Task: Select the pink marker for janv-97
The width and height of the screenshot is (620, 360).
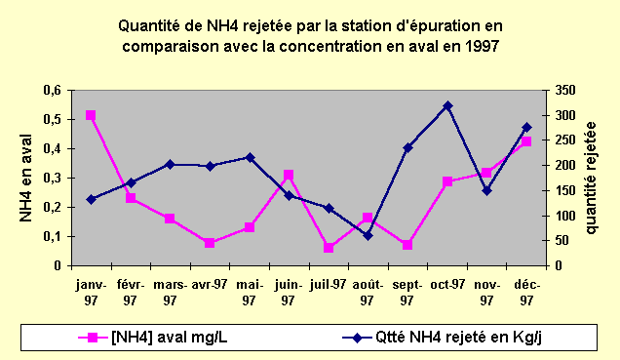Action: point(91,115)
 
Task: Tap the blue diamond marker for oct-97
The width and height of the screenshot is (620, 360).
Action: point(447,105)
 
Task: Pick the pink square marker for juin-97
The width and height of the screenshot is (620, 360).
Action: point(289,176)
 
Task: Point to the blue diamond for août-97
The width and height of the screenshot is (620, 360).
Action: point(368,235)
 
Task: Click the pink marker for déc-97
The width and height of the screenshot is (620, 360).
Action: point(526,141)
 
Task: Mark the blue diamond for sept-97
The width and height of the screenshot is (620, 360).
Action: point(407,147)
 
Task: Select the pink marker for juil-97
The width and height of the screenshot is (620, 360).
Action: point(329,248)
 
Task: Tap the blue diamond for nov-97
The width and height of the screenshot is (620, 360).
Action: point(486,190)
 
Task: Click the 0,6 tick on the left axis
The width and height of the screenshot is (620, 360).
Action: point(51,91)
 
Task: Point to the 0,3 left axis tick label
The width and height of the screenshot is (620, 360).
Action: point(51,179)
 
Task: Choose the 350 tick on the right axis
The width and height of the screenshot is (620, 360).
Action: point(565,91)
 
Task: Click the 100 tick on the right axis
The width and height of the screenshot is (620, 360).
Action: point(565,216)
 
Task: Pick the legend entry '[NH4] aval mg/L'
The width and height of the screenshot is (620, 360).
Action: point(156,338)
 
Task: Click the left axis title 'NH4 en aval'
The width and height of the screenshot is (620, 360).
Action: point(28,178)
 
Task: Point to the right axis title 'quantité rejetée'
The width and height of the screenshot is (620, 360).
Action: point(593,178)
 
